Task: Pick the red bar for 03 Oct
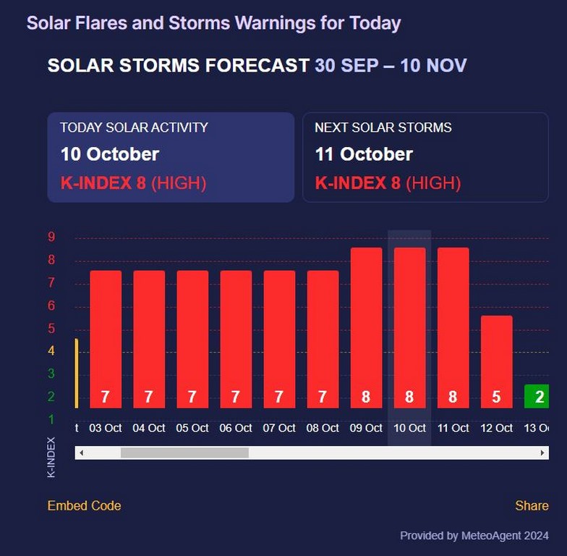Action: [106, 333]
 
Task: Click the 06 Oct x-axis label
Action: [236, 428]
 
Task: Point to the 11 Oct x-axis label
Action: [453, 428]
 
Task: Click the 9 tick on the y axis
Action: [51, 237]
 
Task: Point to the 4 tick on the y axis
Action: [51, 351]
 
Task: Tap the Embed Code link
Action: [84, 505]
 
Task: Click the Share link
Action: [532, 505]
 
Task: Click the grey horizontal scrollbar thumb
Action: [184, 452]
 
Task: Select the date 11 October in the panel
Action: [364, 154]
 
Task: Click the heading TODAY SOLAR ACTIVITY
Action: [134, 127]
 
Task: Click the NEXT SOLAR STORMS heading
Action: [383, 127]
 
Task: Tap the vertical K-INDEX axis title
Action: [51, 457]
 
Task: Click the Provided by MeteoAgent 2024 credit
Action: [474, 536]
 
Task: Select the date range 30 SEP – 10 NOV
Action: [391, 66]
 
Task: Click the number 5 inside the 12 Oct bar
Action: [496, 397]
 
